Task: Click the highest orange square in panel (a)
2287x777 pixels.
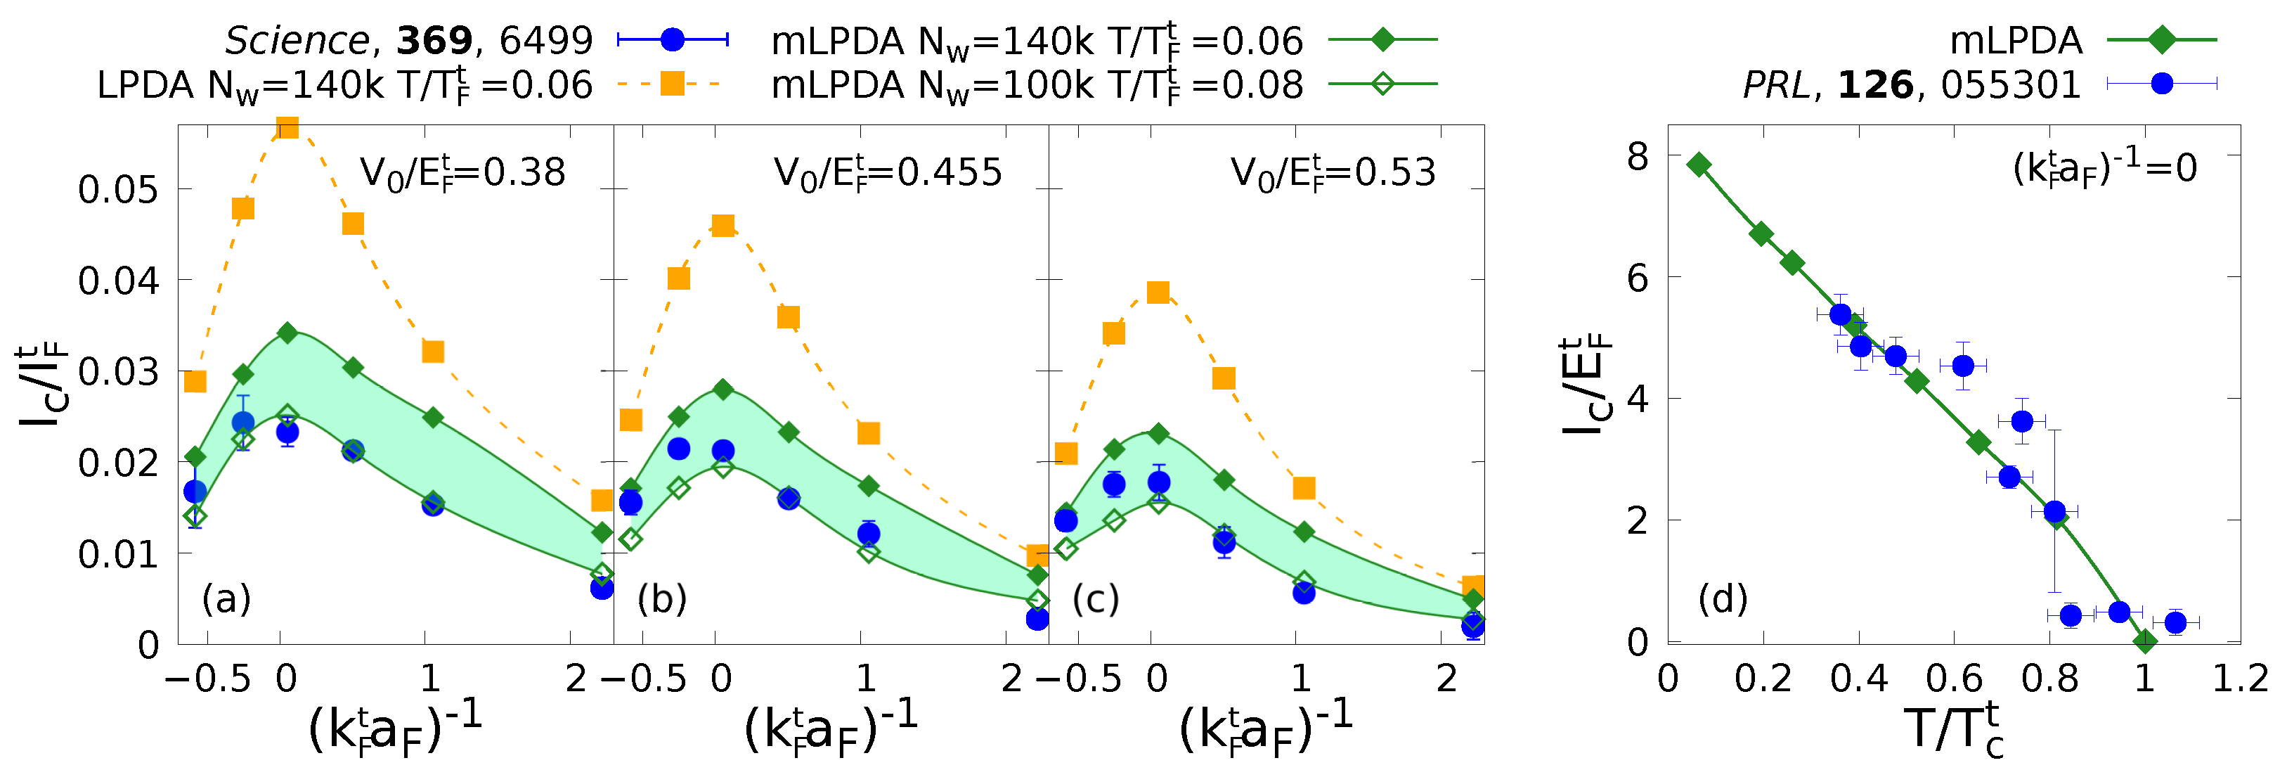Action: [x=287, y=128]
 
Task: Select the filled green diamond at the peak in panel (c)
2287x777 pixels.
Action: [x=1158, y=433]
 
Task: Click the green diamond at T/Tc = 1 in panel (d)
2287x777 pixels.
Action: [x=2145, y=641]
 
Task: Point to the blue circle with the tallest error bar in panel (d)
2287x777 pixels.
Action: [x=2054, y=511]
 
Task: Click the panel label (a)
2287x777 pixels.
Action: [x=226, y=599]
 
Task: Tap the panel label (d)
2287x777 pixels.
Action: [x=1723, y=599]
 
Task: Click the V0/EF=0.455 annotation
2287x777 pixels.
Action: [x=888, y=172]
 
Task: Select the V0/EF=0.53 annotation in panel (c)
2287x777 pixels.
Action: [x=1332, y=172]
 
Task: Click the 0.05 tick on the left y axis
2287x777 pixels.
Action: [x=118, y=189]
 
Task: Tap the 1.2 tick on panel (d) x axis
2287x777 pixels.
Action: [x=2239, y=679]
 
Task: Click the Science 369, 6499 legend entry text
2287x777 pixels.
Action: [x=408, y=41]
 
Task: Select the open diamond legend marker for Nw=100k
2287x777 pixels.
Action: [x=1382, y=84]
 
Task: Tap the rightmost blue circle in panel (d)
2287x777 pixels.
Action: [x=2175, y=622]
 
